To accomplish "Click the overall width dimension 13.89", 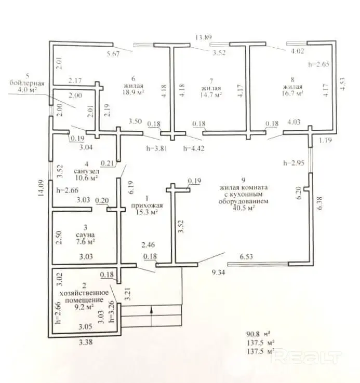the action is pos(204,37).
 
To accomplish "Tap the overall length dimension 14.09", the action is pos(41,188).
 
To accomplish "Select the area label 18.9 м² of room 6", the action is pos(134,92).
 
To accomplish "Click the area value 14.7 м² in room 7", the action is pos(211,94).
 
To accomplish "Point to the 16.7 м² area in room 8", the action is pos(292,93).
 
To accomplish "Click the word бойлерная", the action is pos(27,83).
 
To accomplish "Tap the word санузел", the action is pos(87,171).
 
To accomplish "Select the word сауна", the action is pos(85,235).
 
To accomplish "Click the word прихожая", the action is pos(147,206).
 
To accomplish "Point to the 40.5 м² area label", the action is pos(244,208).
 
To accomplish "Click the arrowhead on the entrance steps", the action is pos(152,310).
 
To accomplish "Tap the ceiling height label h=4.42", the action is pos(194,148).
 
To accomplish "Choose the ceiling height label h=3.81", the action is pos(157,148).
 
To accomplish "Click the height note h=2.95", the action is pos(294,162).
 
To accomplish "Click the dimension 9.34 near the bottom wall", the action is pos(218,272).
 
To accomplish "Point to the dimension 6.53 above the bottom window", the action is pos(246,256).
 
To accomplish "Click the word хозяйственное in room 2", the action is pos(84,293).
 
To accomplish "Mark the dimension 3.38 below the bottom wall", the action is pos(86,342).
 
